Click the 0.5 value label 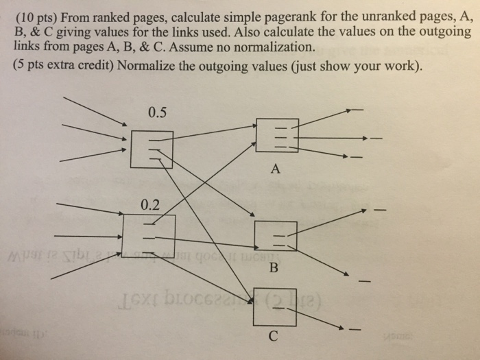(156, 113)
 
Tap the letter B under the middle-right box (274, 268)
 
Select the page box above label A (276, 135)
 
